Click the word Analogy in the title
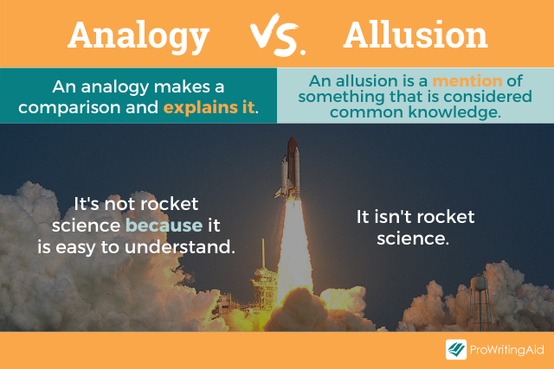(138, 35)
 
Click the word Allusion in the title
(415, 35)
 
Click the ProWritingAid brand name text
(506, 350)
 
